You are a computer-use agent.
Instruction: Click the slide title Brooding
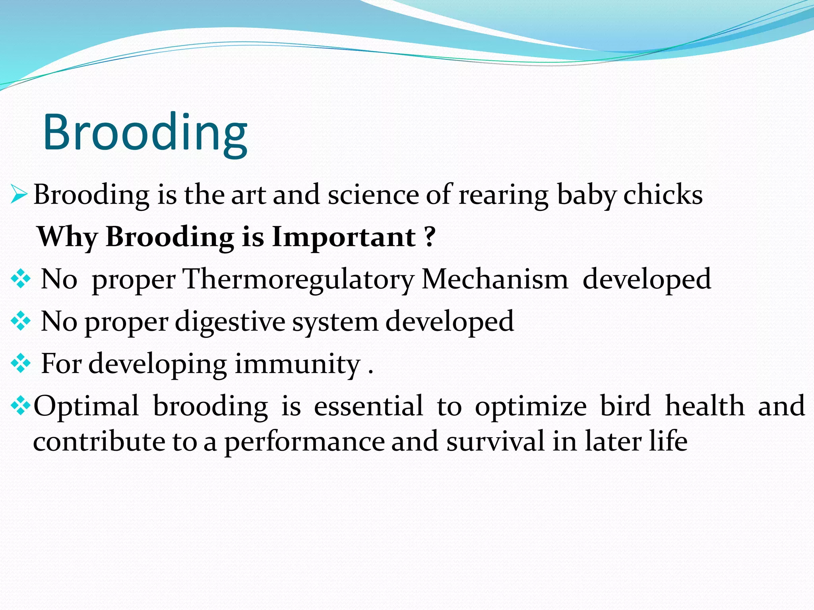[x=145, y=133]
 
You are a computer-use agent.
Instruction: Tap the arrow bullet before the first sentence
[x=19, y=195]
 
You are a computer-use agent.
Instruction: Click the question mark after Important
[x=430, y=237]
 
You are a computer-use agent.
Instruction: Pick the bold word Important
[x=344, y=237]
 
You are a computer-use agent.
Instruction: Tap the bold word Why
[x=67, y=237]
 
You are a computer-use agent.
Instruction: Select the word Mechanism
[x=495, y=279]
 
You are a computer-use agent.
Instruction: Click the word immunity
[x=297, y=364]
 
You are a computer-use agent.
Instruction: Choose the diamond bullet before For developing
[x=21, y=364]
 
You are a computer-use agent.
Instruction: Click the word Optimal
[x=86, y=406]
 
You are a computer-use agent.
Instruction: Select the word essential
[x=368, y=406]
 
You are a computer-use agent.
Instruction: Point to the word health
[x=705, y=406]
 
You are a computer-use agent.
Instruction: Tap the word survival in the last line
[x=495, y=442]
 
